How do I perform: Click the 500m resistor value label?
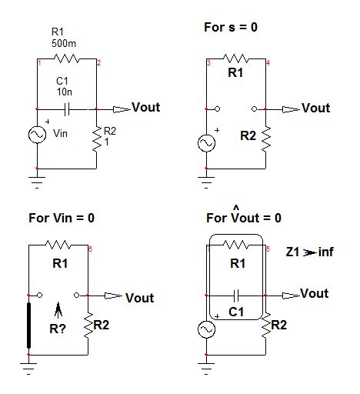59,43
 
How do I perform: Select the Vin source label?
61,133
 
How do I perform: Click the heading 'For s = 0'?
230,27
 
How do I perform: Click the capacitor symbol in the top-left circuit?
67,109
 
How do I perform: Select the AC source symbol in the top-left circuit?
37,135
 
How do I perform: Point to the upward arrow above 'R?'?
58,309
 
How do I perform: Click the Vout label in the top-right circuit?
315,109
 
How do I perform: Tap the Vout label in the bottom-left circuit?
139,298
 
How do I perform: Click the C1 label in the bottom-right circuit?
238,312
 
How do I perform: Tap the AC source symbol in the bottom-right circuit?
206,328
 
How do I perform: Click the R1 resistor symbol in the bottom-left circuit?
59,245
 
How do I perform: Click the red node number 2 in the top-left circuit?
98,62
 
